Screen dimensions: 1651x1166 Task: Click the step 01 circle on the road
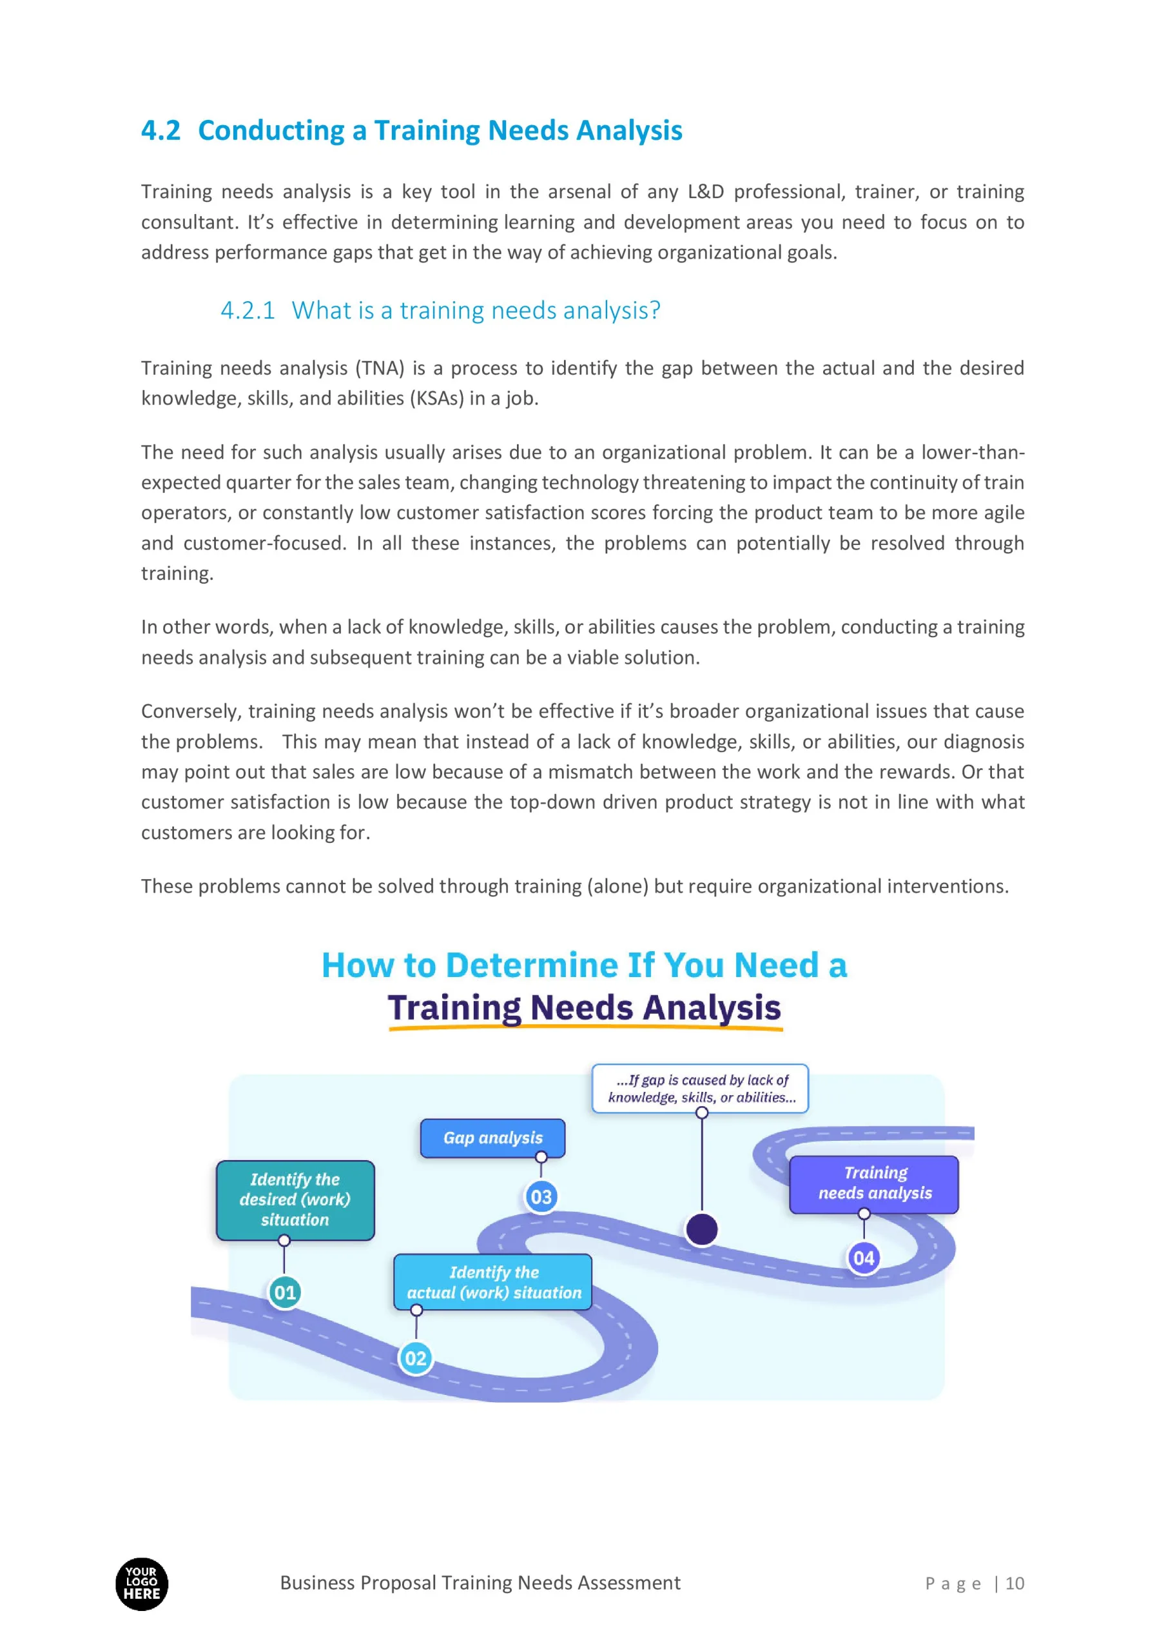(x=285, y=1292)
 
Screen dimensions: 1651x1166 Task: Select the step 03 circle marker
(x=541, y=1196)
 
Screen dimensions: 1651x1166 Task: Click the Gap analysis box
(x=492, y=1138)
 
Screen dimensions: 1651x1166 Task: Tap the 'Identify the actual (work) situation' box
(x=493, y=1282)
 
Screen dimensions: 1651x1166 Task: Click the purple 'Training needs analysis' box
(x=874, y=1183)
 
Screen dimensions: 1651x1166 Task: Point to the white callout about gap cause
(x=700, y=1088)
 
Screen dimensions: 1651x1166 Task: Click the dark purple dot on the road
(x=702, y=1229)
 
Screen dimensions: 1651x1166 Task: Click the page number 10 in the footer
(x=1015, y=1583)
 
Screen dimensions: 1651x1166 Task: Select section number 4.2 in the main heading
(x=160, y=131)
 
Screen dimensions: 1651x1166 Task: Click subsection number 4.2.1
(x=248, y=311)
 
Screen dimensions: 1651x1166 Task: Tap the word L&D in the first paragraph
(x=705, y=192)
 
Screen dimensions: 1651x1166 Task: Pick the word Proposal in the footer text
(x=398, y=1583)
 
